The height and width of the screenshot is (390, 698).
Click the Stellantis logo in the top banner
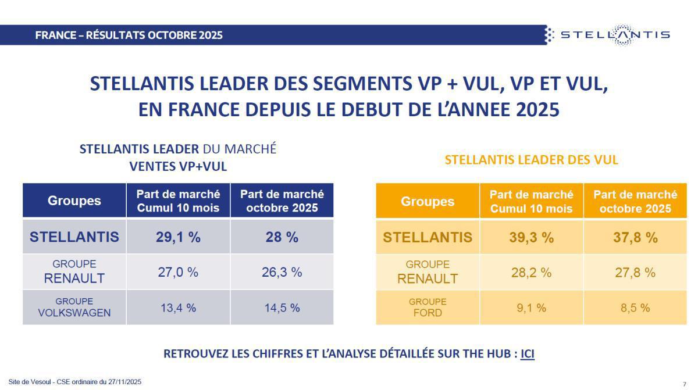pyautogui.click(x=607, y=35)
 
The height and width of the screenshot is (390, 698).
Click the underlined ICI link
pyautogui.click(x=527, y=353)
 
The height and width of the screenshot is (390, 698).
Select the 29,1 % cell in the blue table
pyautogui.click(x=178, y=237)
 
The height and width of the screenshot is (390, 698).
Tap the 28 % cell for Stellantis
pyautogui.click(x=282, y=237)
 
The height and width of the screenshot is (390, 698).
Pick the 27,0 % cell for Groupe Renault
pyautogui.click(x=178, y=272)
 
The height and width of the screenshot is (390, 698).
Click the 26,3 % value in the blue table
pyautogui.click(x=282, y=272)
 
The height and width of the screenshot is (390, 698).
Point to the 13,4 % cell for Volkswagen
pyautogui.click(x=178, y=308)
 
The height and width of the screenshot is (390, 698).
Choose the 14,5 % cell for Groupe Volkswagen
pyautogui.click(x=282, y=308)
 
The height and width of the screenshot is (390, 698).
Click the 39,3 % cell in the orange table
pyautogui.click(x=531, y=237)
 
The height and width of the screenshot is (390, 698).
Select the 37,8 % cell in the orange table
pyautogui.click(x=635, y=237)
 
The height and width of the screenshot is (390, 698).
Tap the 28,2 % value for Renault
pyautogui.click(x=531, y=272)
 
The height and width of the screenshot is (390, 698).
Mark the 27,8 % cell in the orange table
pyautogui.click(x=635, y=272)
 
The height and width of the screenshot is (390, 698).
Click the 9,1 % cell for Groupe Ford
pyautogui.click(x=531, y=308)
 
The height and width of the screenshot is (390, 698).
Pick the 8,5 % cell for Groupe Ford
pyautogui.click(x=635, y=308)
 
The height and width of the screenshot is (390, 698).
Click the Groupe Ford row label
pyautogui.click(x=428, y=307)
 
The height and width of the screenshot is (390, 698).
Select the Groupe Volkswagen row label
pyautogui.click(x=74, y=307)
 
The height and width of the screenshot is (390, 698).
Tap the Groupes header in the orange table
pyautogui.click(x=428, y=201)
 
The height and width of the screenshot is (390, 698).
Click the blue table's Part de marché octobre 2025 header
pyautogui.click(x=282, y=201)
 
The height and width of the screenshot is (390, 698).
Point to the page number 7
pyautogui.click(x=684, y=384)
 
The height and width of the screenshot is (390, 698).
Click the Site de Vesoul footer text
pyautogui.click(x=75, y=382)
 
